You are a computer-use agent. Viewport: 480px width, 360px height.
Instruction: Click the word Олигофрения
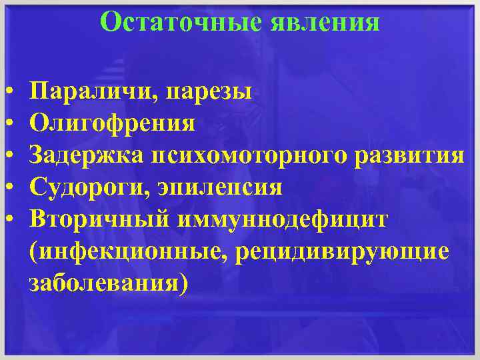[x=113, y=123]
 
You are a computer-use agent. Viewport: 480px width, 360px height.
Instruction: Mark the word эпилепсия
[x=220, y=187]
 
